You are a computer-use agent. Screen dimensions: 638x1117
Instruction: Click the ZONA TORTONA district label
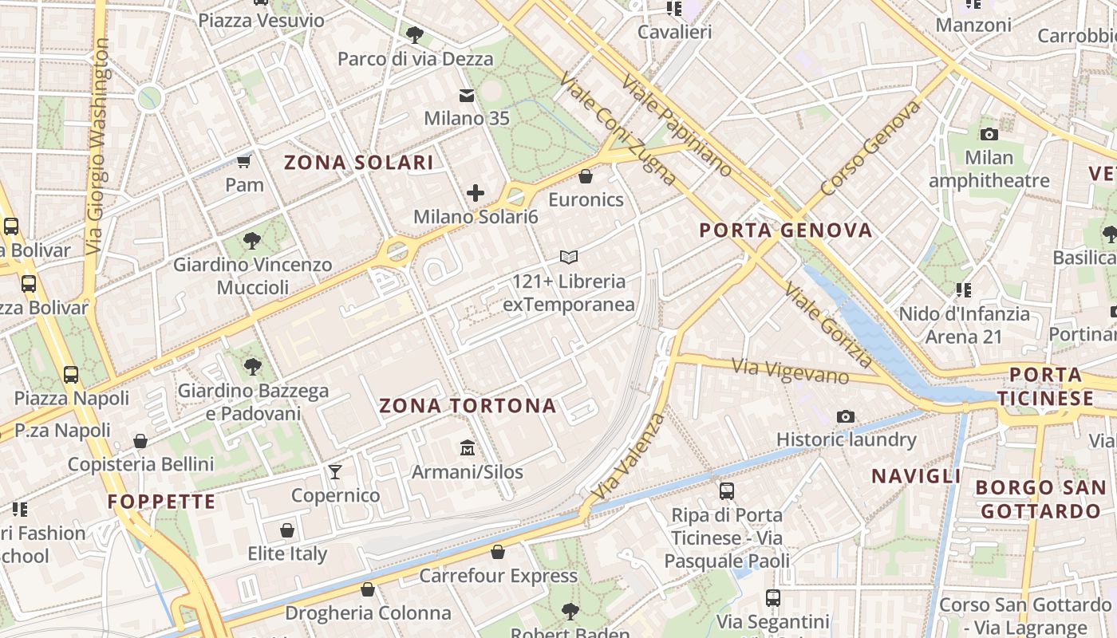[468, 406]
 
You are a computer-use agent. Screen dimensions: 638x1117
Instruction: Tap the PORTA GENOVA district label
[786, 230]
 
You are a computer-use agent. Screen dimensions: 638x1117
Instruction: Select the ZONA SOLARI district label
[359, 163]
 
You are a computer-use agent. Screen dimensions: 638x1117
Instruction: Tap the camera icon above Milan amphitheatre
[989, 134]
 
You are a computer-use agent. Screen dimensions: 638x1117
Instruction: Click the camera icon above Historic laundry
[846, 416]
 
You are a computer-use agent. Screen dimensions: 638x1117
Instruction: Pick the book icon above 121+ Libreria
[568, 258]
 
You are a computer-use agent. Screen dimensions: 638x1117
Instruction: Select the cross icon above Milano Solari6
[476, 193]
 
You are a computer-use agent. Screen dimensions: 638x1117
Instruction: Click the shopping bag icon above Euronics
[586, 176]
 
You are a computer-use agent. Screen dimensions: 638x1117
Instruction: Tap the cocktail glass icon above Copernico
[335, 472]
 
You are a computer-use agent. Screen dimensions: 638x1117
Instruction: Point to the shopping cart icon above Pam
[243, 162]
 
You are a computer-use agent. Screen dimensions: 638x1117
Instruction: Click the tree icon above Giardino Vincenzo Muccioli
[252, 240]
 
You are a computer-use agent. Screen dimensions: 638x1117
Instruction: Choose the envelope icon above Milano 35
[467, 96]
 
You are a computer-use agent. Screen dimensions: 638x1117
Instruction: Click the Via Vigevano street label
[790, 371]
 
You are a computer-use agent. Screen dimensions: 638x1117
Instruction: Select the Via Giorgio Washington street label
[98, 148]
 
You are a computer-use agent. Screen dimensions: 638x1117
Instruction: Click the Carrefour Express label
[498, 576]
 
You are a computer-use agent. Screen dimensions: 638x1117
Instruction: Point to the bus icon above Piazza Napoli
[71, 374]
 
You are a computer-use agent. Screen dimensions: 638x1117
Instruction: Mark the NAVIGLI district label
[916, 476]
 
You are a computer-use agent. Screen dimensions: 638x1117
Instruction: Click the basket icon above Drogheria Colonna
[368, 590]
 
